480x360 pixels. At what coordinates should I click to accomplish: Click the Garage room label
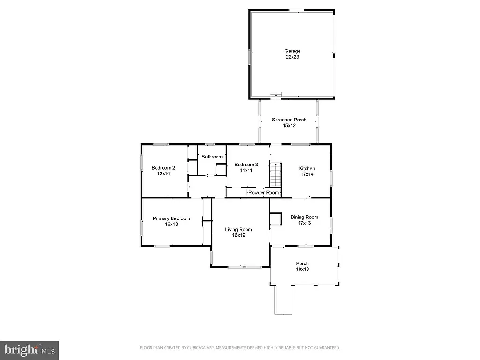coord(292,51)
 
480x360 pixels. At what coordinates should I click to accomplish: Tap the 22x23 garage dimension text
coord(292,57)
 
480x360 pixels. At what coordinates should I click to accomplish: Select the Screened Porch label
coord(289,120)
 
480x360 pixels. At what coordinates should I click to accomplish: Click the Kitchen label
coord(307,168)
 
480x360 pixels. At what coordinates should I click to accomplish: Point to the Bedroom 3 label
coord(246,165)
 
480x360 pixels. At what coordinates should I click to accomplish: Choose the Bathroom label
coord(212,157)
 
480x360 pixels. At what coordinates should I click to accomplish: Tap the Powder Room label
coord(264,192)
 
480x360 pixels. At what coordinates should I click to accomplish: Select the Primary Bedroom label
coord(172,218)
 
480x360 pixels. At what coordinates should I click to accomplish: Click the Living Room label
coord(239,229)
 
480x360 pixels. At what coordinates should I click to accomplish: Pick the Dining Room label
coord(304,217)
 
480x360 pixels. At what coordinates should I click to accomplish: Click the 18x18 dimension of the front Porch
coord(302,269)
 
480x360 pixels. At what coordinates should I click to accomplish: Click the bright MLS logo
coord(29,350)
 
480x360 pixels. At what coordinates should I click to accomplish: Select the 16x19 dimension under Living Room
coord(239,235)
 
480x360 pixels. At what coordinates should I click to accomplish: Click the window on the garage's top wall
coord(296,10)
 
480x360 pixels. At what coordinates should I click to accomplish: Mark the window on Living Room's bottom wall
coord(244,267)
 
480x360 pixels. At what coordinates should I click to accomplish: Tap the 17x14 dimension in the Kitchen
coord(307,174)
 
